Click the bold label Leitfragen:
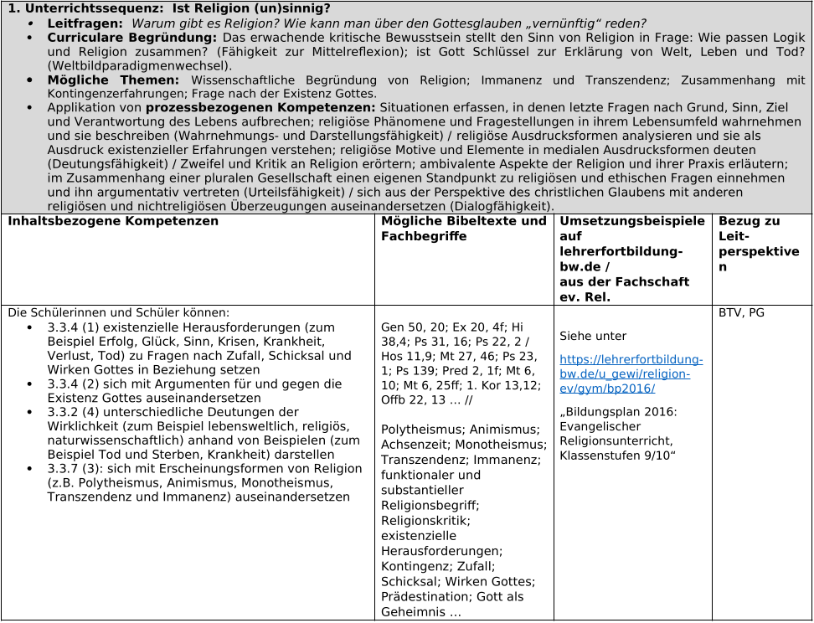[85, 23]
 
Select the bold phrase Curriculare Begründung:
[132, 38]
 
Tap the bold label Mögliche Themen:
[113, 80]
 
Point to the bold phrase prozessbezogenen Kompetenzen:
[260, 109]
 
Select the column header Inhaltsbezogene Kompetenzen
[113, 222]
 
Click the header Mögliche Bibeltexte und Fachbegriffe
[463, 229]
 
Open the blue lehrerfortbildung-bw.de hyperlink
[631, 374]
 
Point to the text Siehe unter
[593, 337]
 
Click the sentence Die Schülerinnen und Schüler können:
[118, 313]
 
